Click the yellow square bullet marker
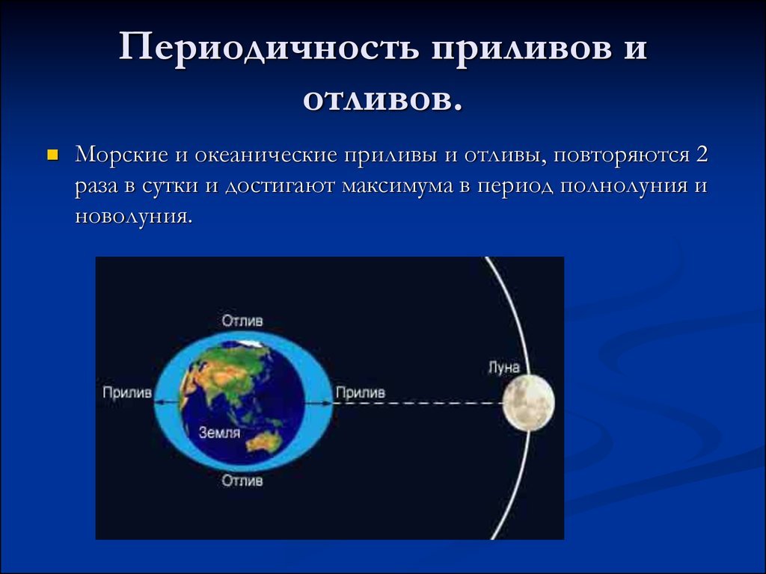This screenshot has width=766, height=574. [x=52, y=155]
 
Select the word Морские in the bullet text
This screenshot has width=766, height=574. [x=120, y=155]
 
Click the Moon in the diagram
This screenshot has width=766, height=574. [x=529, y=403]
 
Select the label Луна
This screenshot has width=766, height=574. [x=503, y=367]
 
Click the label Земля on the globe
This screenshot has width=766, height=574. [x=219, y=433]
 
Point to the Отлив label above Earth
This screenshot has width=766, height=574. [x=242, y=321]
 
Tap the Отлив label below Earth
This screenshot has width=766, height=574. [x=242, y=481]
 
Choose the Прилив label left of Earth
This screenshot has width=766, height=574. [x=127, y=392]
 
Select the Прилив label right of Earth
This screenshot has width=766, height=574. [x=360, y=392]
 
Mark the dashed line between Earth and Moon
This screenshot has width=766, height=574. [x=418, y=403]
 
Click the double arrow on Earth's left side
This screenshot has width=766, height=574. [x=168, y=401]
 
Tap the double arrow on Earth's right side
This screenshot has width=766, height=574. [x=319, y=403]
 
